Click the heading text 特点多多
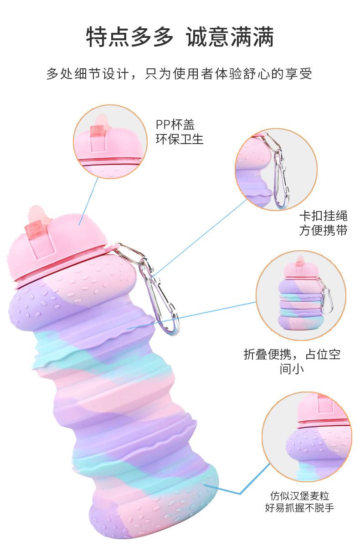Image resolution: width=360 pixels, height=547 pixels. tap(130, 37)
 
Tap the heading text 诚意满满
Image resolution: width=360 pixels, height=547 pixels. tap(230, 37)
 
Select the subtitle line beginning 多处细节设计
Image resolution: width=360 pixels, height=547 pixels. tap(180, 73)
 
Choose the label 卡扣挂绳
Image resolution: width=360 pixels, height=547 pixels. tap(323, 215)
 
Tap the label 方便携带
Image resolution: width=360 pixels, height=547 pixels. tap(323, 230)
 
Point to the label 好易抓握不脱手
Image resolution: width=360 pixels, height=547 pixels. tap(299, 507)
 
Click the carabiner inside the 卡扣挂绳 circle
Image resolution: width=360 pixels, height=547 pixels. tap(280, 175)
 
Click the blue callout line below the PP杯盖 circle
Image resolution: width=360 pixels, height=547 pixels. tap(90, 201)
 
